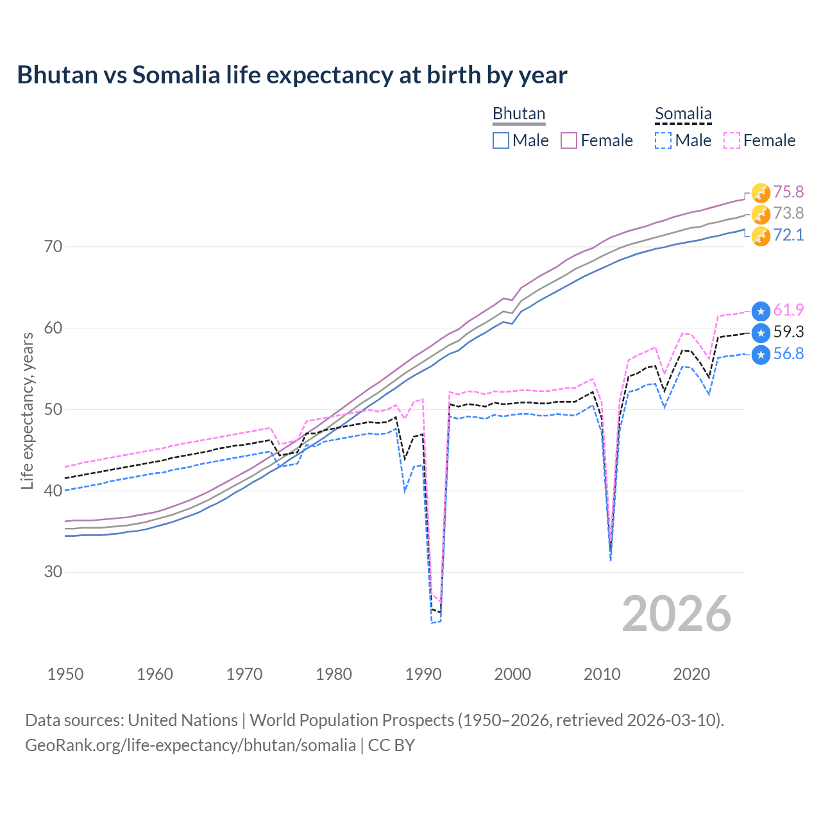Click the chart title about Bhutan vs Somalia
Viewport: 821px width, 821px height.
coord(292,75)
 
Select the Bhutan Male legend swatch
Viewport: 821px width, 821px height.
coord(501,140)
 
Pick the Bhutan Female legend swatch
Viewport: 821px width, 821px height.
coord(569,140)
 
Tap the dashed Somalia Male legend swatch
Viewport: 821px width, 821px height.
coord(663,140)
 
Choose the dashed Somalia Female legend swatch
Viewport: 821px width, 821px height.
coord(732,140)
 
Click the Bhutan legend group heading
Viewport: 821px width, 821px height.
coord(518,114)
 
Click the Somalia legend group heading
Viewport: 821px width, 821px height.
coord(683,114)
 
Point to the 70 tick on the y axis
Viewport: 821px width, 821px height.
coord(53,246)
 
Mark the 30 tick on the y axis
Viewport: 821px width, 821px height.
coord(53,571)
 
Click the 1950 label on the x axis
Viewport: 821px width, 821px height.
coord(65,674)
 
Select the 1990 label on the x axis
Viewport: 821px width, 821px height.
coord(423,674)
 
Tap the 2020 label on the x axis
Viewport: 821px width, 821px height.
coord(691,674)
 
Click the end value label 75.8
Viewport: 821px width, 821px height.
coord(788,192)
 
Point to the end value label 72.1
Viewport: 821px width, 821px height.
coord(788,235)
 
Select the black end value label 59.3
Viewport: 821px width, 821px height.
coord(788,332)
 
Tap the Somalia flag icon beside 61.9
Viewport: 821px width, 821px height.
coord(761,311)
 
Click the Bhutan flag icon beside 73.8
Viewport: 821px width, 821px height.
coord(761,214)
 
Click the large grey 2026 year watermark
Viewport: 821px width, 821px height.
coord(677,614)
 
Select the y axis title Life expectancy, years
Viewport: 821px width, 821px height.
coord(28,410)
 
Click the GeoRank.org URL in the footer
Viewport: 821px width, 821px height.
coord(190,745)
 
